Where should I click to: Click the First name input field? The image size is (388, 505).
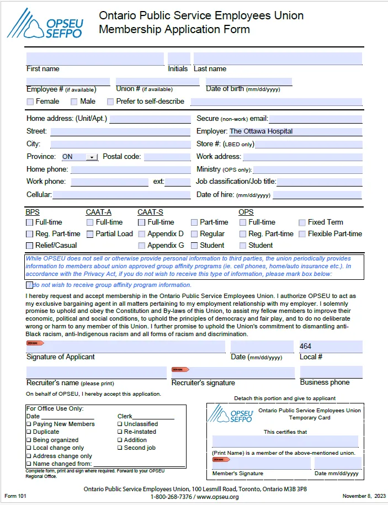pos(95,59)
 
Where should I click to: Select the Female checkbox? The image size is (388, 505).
pos(30,102)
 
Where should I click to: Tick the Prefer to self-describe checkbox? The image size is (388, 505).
pos(110,102)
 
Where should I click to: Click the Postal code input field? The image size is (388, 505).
pos(167,157)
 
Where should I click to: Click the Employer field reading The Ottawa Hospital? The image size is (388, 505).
pos(295,131)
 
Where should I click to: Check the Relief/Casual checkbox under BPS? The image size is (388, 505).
pos(30,246)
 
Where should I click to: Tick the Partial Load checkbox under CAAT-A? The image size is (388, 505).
pos(90,234)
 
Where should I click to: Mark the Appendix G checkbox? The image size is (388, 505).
pos(142,246)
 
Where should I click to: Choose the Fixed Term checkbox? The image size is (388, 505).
pos(302,222)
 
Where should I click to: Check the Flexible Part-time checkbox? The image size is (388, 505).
pos(302,234)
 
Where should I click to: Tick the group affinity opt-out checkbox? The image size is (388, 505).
pos(29,285)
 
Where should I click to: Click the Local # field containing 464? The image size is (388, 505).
pos(331,347)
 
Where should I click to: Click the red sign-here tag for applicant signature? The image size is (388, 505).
pos(35,343)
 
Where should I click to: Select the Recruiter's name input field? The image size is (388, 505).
pos(96,372)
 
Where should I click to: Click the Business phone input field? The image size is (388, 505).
pos(331,372)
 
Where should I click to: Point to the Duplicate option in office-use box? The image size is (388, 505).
pos(46,432)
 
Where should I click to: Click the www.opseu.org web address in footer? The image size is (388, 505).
pos(217,497)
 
